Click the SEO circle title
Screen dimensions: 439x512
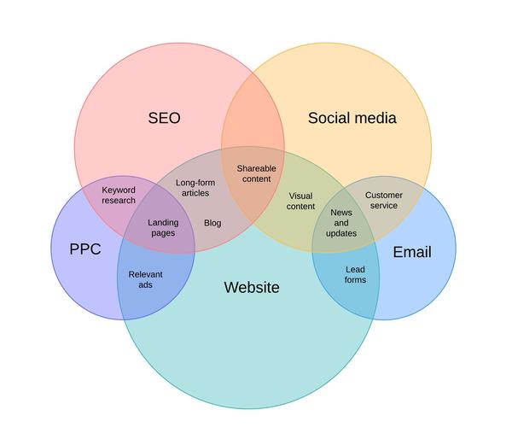click(x=165, y=118)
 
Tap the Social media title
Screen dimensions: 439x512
click(x=352, y=118)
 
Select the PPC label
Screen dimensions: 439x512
click(x=85, y=250)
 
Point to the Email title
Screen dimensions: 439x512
click(x=411, y=252)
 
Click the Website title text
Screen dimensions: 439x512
click(x=251, y=287)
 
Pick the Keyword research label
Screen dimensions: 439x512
click(x=119, y=195)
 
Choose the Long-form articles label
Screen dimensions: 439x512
click(x=195, y=188)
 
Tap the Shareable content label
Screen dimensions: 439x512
click(x=256, y=173)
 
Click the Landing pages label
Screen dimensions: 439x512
click(x=163, y=227)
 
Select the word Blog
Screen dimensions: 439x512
click(x=212, y=223)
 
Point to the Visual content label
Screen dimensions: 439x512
click(x=300, y=202)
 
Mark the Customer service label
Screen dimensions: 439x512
click(x=384, y=200)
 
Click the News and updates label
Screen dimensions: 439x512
click(x=341, y=222)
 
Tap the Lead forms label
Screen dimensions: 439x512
click(x=355, y=274)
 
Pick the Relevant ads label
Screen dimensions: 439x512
click(x=145, y=279)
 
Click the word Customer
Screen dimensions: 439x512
click(x=384, y=195)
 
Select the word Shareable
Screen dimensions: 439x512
click(x=256, y=168)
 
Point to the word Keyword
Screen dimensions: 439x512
click(x=119, y=190)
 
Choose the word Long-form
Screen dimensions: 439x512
click(x=195, y=183)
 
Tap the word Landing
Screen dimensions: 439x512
click(x=163, y=222)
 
